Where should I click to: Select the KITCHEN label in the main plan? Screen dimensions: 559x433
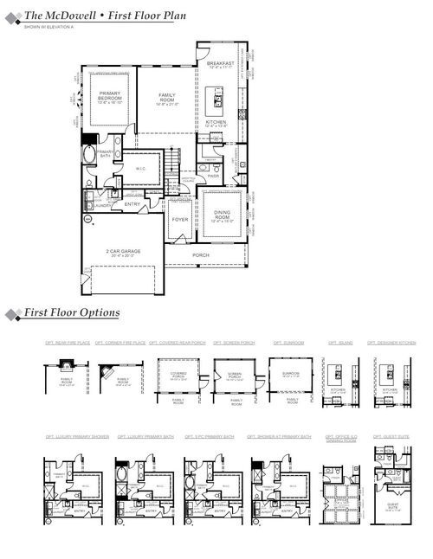pos(216,122)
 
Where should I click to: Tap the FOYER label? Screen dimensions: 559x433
pos(179,220)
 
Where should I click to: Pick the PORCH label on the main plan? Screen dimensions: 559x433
pos(201,255)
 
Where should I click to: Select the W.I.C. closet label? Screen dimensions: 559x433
pos(140,169)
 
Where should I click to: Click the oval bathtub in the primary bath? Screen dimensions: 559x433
pos(89,156)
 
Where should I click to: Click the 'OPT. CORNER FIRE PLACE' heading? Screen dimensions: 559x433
pos(120,343)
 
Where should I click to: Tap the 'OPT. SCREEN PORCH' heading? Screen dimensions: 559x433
pos(234,343)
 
